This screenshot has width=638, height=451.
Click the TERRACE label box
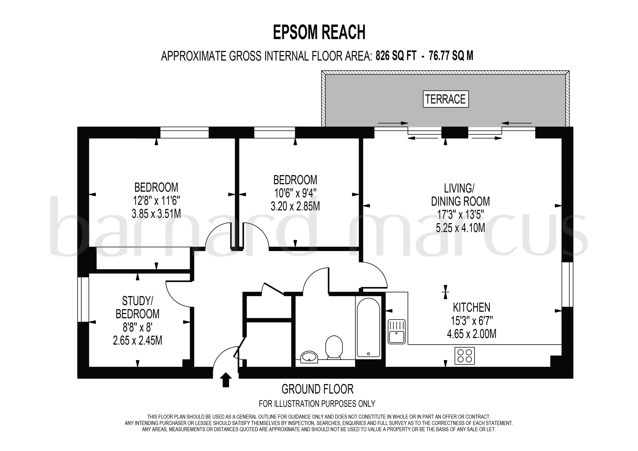click(x=445, y=99)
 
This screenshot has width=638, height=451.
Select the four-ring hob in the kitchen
click(x=464, y=356)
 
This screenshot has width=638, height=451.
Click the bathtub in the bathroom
click(x=368, y=327)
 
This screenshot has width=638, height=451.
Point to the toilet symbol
click(x=334, y=347)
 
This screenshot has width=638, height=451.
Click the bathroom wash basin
click(x=309, y=357)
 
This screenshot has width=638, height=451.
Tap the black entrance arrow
click(x=226, y=379)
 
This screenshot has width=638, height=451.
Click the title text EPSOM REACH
click(x=319, y=32)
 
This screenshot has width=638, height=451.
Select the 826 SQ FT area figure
click(x=396, y=56)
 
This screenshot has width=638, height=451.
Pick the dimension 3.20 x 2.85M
click(x=295, y=206)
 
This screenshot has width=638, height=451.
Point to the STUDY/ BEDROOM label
click(x=138, y=307)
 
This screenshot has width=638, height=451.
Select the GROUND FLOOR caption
click(x=317, y=389)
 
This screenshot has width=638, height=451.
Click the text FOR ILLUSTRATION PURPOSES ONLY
click(x=317, y=403)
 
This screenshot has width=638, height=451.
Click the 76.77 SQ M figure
click(x=451, y=56)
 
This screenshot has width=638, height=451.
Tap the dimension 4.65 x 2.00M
click(x=471, y=334)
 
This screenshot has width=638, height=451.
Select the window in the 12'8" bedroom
click(x=184, y=132)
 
